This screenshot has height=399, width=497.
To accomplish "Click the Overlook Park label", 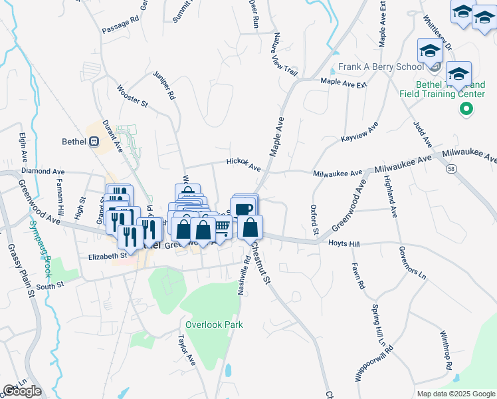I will (214, 325).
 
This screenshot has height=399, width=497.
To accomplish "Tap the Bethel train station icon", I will (94, 140).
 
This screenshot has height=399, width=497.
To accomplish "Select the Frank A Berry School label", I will (380, 67).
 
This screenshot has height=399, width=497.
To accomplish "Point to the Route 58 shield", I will (450, 170).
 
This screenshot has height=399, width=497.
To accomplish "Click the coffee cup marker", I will (244, 209).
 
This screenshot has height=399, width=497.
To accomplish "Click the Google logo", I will (22, 391).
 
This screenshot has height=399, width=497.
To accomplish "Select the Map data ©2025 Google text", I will (455, 394).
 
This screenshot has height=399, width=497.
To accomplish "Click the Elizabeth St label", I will (107, 255).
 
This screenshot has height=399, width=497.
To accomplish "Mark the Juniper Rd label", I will (163, 85).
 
